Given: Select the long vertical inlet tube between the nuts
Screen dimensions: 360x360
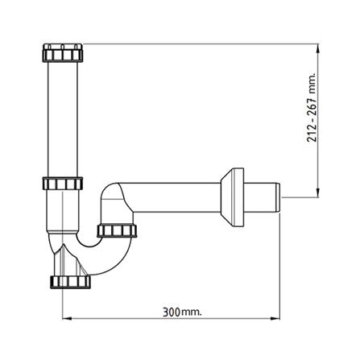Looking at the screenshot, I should (63, 121).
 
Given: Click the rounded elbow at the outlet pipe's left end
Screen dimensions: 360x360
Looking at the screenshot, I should (113, 197).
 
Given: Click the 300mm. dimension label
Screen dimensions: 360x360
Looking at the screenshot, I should (176, 308).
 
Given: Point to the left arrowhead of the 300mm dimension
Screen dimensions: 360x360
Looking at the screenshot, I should (67, 315).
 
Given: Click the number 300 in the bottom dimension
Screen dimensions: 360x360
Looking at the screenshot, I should (168, 308).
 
